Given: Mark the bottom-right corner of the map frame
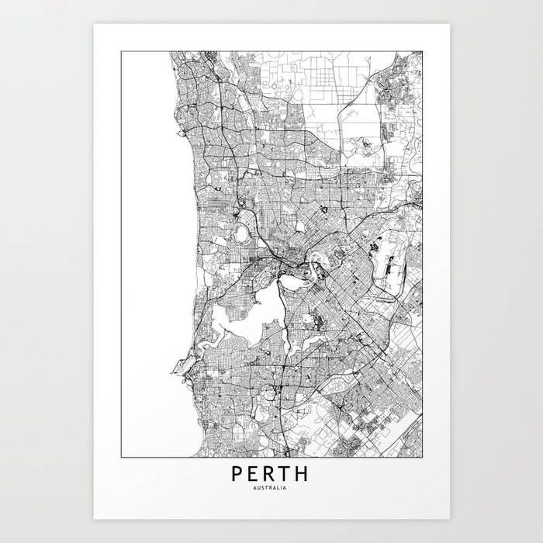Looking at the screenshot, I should pyautogui.click(x=423, y=457).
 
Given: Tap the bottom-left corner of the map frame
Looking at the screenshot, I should pyautogui.click(x=120, y=457).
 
